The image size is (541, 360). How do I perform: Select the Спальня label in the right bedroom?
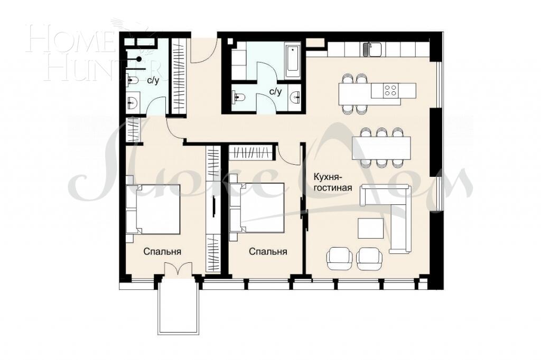tap(268, 252)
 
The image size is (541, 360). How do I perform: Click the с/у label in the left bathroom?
tap(154, 80)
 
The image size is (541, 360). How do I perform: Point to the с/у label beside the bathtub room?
tap(275, 91)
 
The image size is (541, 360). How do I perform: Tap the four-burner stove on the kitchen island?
tap(391, 90)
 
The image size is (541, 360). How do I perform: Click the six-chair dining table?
tap(381, 147)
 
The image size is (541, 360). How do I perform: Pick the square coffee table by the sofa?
tap(371, 228)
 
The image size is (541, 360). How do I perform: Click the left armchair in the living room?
tap(339, 258)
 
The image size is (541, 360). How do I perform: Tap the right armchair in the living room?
tap(368, 258)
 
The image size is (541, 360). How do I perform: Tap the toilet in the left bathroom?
tap(133, 81)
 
